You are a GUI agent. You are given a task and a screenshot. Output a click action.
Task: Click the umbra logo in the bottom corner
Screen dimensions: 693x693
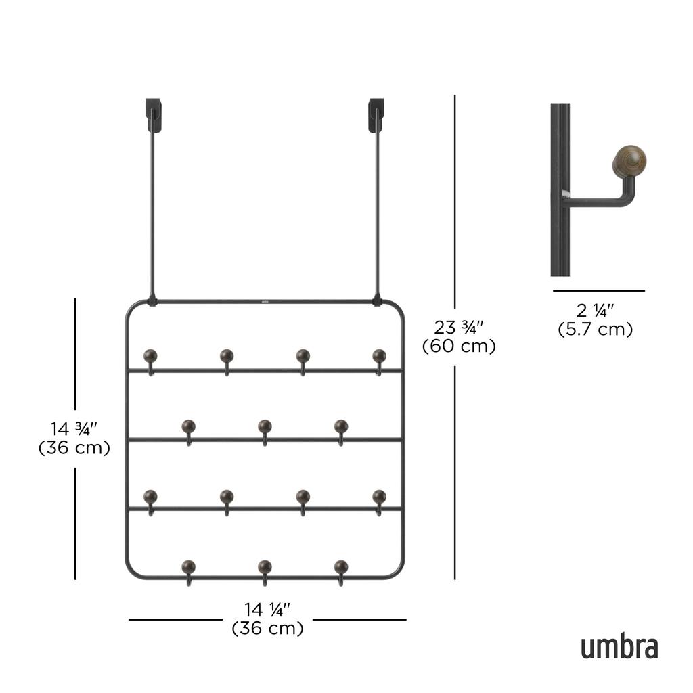coord(619,647)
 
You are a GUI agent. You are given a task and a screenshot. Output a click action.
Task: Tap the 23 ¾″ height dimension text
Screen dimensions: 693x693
coord(459,328)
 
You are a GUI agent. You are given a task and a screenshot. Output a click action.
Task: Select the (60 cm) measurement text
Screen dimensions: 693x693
coord(459,346)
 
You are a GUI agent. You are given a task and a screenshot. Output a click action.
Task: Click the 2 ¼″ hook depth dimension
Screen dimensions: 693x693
coord(595,311)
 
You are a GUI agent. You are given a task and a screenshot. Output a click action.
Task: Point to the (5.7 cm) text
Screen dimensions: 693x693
coord(595,330)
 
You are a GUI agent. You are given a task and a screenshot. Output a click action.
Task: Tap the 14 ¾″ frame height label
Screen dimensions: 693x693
coord(74,429)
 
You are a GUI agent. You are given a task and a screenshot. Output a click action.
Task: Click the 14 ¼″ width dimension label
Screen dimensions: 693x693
coord(267,610)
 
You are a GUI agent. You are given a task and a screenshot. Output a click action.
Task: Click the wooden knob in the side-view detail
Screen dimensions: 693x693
coord(629,161)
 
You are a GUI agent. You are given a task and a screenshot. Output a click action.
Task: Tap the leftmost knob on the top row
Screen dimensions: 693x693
coord(150,355)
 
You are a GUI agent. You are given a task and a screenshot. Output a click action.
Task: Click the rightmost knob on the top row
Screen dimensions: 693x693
coord(379,355)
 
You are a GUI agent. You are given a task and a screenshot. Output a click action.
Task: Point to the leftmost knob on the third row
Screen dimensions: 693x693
coord(150,496)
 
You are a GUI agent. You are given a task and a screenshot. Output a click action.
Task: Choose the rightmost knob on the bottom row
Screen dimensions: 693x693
coord(341,566)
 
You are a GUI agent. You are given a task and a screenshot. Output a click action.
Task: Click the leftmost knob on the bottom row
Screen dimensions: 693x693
coord(188,566)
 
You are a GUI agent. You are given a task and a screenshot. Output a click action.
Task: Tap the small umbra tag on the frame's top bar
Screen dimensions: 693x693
coord(265,294)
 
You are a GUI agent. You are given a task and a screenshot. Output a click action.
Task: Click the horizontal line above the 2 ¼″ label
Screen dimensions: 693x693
coord(598,291)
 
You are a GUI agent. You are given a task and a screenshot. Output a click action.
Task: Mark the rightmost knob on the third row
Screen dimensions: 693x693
coord(379,496)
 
